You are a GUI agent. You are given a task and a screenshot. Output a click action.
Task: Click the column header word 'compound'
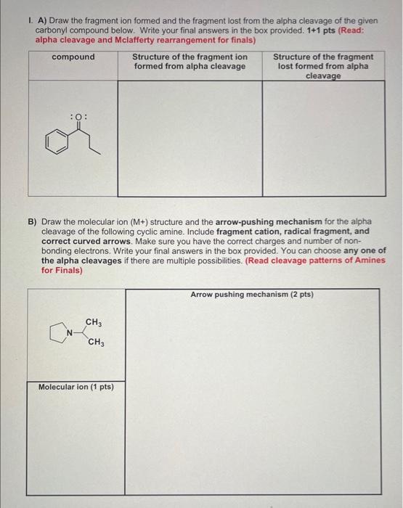[x=73, y=57]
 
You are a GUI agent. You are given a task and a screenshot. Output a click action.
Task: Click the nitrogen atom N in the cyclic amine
[x=70, y=332]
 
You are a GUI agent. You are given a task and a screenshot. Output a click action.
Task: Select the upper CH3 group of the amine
[x=94, y=321]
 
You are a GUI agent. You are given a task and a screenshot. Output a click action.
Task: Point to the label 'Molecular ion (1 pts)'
[x=76, y=387]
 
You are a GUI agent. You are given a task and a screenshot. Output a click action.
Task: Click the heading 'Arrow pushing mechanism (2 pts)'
[x=251, y=295]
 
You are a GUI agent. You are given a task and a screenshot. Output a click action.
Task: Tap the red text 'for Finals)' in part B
[x=62, y=270]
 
